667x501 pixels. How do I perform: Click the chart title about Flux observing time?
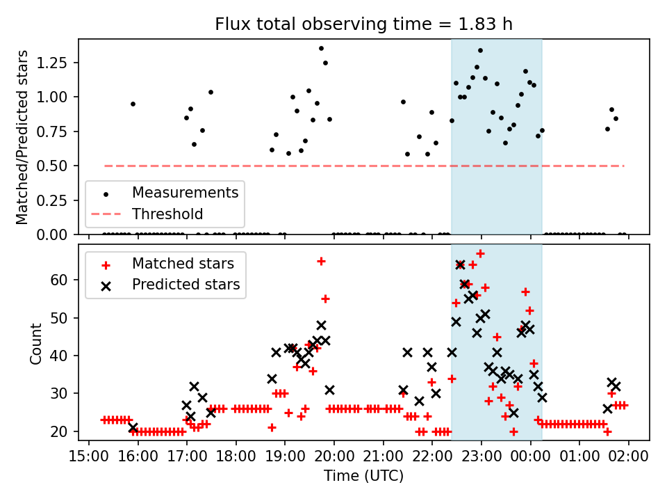tap(363, 24)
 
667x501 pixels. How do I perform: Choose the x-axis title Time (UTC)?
tap(363, 477)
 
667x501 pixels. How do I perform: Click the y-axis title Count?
tap(35, 342)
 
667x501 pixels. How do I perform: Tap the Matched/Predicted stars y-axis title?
tap(22, 137)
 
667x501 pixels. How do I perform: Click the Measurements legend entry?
tap(185, 192)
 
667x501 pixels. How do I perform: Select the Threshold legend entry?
tap(167, 214)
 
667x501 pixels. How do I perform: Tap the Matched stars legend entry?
tap(183, 264)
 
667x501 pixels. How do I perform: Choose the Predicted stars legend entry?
tap(186, 285)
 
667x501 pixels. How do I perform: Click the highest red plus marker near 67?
tap(480, 253)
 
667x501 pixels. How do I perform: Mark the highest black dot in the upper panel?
tap(321, 48)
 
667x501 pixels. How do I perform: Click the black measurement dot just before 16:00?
tap(133, 104)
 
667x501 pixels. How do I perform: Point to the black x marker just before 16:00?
tap(133, 427)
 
